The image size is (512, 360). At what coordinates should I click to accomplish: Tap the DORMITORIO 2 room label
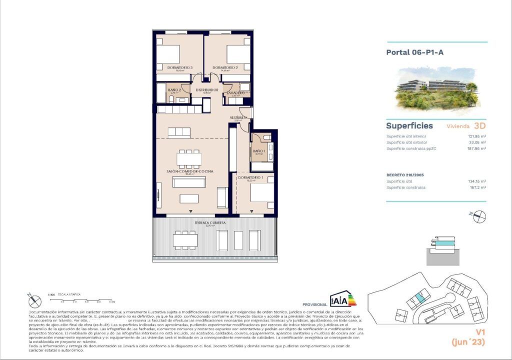click(224, 67)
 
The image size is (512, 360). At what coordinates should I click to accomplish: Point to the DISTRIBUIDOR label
click(206, 90)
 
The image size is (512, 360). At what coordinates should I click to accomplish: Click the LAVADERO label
click(235, 93)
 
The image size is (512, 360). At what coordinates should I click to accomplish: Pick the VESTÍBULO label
click(238, 117)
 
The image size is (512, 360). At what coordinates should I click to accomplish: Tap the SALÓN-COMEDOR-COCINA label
click(189, 171)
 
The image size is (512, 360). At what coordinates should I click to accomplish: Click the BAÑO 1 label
click(258, 151)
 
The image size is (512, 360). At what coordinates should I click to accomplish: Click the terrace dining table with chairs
click(185, 239)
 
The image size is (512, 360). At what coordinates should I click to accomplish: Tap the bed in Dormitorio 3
click(167, 53)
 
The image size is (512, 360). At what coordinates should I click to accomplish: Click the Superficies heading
click(409, 126)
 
